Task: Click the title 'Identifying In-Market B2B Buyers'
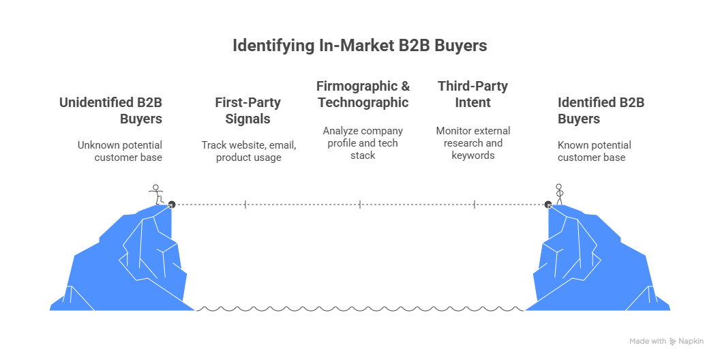tap(360, 46)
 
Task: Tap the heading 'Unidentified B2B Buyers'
tap(111, 110)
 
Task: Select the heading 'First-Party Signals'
tap(247, 110)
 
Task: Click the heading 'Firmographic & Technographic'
tap(363, 94)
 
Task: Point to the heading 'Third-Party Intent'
tap(472, 94)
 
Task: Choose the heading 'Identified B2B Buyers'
tap(601, 110)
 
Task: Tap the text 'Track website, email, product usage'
tap(248, 151)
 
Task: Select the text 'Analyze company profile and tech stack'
tap(363, 142)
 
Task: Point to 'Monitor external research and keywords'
tap(472, 142)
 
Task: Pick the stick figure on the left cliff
tap(156, 194)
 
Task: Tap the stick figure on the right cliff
tap(560, 194)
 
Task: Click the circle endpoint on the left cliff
tap(172, 204)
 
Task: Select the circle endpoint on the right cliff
tap(547, 204)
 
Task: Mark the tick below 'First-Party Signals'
tap(245, 204)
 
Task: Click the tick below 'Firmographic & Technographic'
tap(360, 204)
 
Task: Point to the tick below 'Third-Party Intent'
tap(475, 204)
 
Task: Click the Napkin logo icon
tap(673, 341)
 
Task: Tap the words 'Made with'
tap(648, 341)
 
